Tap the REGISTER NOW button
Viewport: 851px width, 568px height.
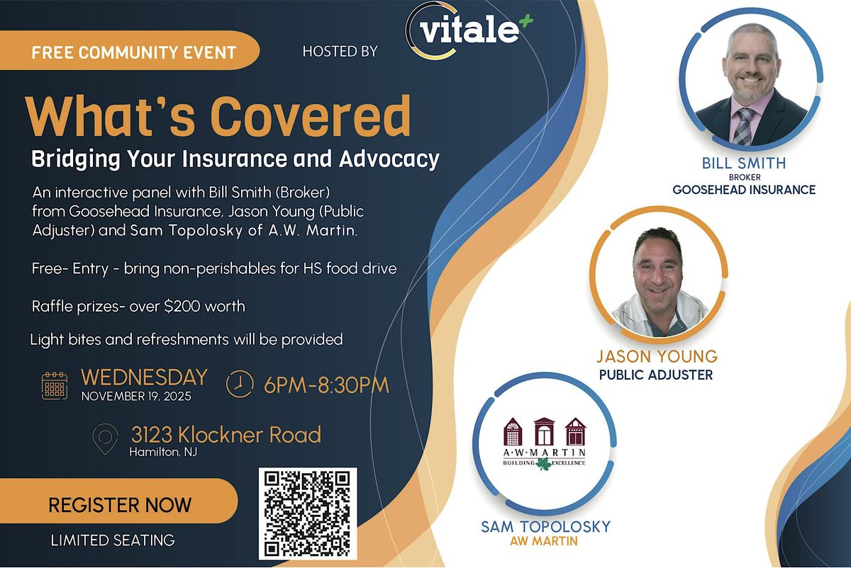pos(119,505)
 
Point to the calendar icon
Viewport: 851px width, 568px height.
pos(55,385)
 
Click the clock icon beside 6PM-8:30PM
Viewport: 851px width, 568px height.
pos(240,385)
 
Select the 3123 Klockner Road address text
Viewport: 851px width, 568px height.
pos(226,434)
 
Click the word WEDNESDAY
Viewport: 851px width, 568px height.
pos(144,377)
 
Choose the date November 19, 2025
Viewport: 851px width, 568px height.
pos(136,396)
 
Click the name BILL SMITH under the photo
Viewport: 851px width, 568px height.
pos(744,164)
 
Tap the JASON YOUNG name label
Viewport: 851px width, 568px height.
pos(657,356)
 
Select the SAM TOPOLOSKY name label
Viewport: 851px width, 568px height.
pos(545,526)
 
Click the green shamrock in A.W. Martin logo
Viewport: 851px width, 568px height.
pos(545,464)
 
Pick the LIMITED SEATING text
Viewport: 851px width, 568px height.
pos(112,540)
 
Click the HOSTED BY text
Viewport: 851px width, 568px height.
pos(340,51)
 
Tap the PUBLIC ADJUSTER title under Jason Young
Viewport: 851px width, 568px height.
pos(656,375)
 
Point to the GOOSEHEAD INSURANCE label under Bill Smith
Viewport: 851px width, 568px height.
pos(744,190)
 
